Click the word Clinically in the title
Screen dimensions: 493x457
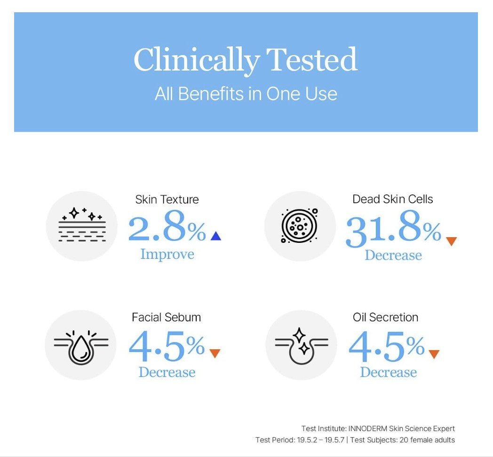click(x=197, y=60)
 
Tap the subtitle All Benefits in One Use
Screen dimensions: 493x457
click(x=246, y=94)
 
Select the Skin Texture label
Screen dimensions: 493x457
click(x=167, y=200)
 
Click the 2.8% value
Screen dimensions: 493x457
click(x=167, y=226)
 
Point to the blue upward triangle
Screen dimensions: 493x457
click(x=215, y=236)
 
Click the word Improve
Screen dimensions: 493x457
click(x=167, y=254)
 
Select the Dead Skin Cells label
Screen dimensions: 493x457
click(x=393, y=199)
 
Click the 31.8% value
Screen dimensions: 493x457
click(x=393, y=228)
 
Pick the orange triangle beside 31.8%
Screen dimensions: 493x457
click(x=452, y=241)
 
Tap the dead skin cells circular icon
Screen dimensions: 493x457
click(x=299, y=225)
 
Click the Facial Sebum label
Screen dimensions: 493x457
click(x=167, y=317)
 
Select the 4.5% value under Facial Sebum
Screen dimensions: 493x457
click(x=167, y=345)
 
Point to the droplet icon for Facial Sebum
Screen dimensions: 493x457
click(x=81, y=347)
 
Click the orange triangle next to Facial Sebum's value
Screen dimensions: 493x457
click(x=215, y=353)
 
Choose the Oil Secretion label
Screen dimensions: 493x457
click(x=385, y=317)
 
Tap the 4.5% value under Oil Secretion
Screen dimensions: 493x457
click(x=387, y=346)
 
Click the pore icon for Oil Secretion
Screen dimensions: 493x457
click(x=302, y=345)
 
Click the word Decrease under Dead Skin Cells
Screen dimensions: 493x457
click(x=393, y=255)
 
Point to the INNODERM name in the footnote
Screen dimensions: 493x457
click(x=367, y=428)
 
